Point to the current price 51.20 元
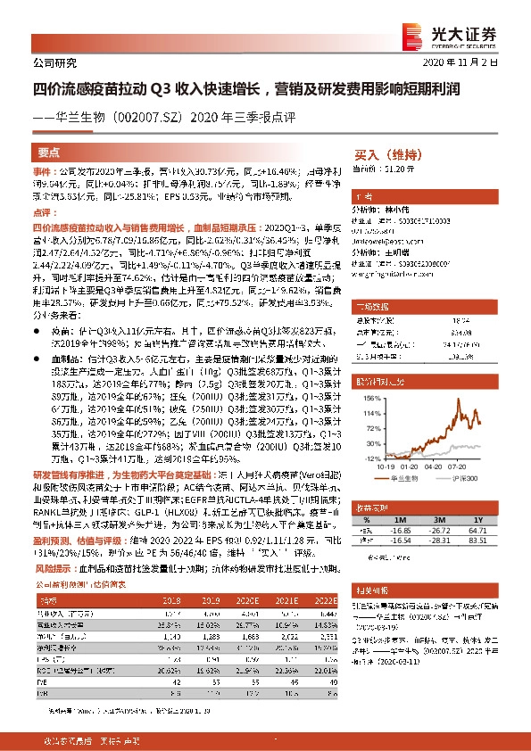click(397, 167)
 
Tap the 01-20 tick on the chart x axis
click(410, 466)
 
